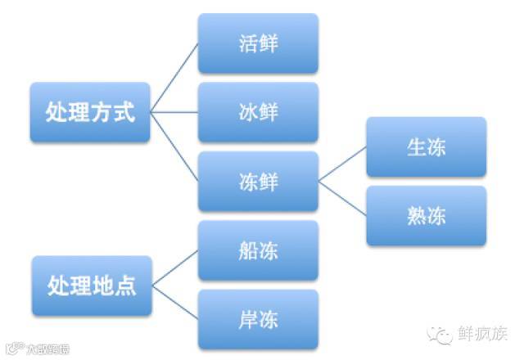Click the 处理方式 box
click(x=90, y=112)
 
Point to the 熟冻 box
click(x=426, y=216)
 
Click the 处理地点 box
click(x=90, y=286)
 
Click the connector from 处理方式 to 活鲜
click(x=175, y=78)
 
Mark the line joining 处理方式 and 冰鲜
click(x=175, y=112)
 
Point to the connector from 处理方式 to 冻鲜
click(x=175, y=146)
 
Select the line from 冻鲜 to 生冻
click(x=342, y=164)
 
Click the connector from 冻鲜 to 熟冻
click(x=342, y=199)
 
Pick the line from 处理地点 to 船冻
click(x=175, y=269)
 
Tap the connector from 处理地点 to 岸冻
click(x=175, y=303)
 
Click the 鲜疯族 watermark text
click(x=483, y=334)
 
